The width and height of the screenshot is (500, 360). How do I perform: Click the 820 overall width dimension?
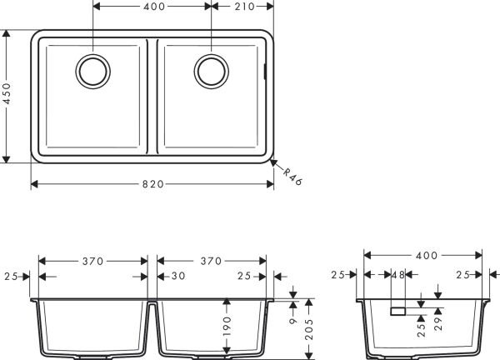152,183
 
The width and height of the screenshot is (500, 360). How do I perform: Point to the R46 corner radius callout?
291,177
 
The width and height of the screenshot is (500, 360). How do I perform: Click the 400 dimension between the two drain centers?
152,7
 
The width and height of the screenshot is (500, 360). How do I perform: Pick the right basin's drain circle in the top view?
210,70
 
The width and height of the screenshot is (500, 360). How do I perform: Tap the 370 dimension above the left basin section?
92,261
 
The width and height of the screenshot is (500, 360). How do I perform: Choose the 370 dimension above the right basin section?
211,261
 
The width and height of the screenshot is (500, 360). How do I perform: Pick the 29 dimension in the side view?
438,320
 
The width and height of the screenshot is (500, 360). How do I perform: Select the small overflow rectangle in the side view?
397,311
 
